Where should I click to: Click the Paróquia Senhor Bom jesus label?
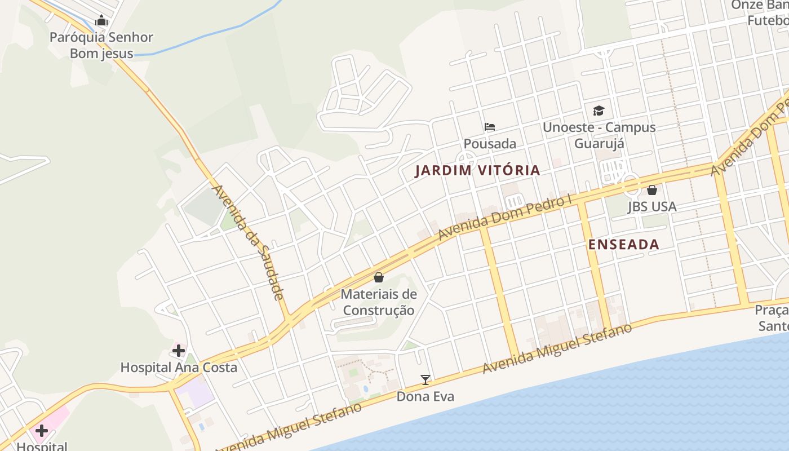(x=101, y=46)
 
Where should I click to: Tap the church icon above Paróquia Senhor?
(x=101, y=21)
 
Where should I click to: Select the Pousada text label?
(x=490, y=144)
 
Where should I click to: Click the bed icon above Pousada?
(x=490, y=126)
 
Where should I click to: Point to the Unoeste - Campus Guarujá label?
(x=599, y=135)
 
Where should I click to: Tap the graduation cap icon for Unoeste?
(x=599, y=110)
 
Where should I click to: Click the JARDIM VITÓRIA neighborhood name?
(x=477, y=170)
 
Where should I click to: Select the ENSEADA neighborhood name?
(x=623, y=245)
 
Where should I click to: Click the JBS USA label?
(x=652, y=207)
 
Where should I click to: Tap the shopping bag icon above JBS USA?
(x=652, y=190)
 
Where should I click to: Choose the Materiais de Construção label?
(x=379, y=302)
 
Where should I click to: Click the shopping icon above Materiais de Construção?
(x=379, y=277)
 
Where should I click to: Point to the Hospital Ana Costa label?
(x=179, y=368)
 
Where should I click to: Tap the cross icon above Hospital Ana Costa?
(x=179, y=351)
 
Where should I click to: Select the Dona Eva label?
(x=425, y=396)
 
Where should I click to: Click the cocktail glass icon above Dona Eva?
(x=425, y=379)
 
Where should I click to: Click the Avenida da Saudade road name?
(x=247, y=242)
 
